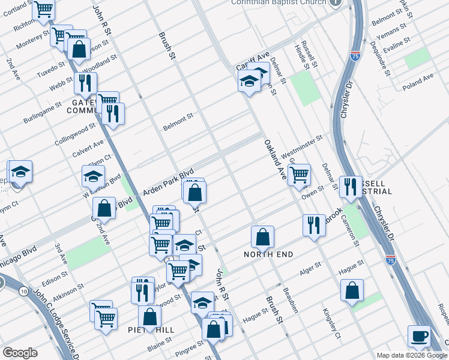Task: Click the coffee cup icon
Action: [x=419, y=336]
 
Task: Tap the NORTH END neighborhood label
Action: [x=268, y=254]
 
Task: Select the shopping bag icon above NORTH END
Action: [x=262, y=236]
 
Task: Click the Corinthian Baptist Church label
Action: [x=279, y=2]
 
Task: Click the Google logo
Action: [x=20, y=353]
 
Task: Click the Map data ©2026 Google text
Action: [x=412, y=355]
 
